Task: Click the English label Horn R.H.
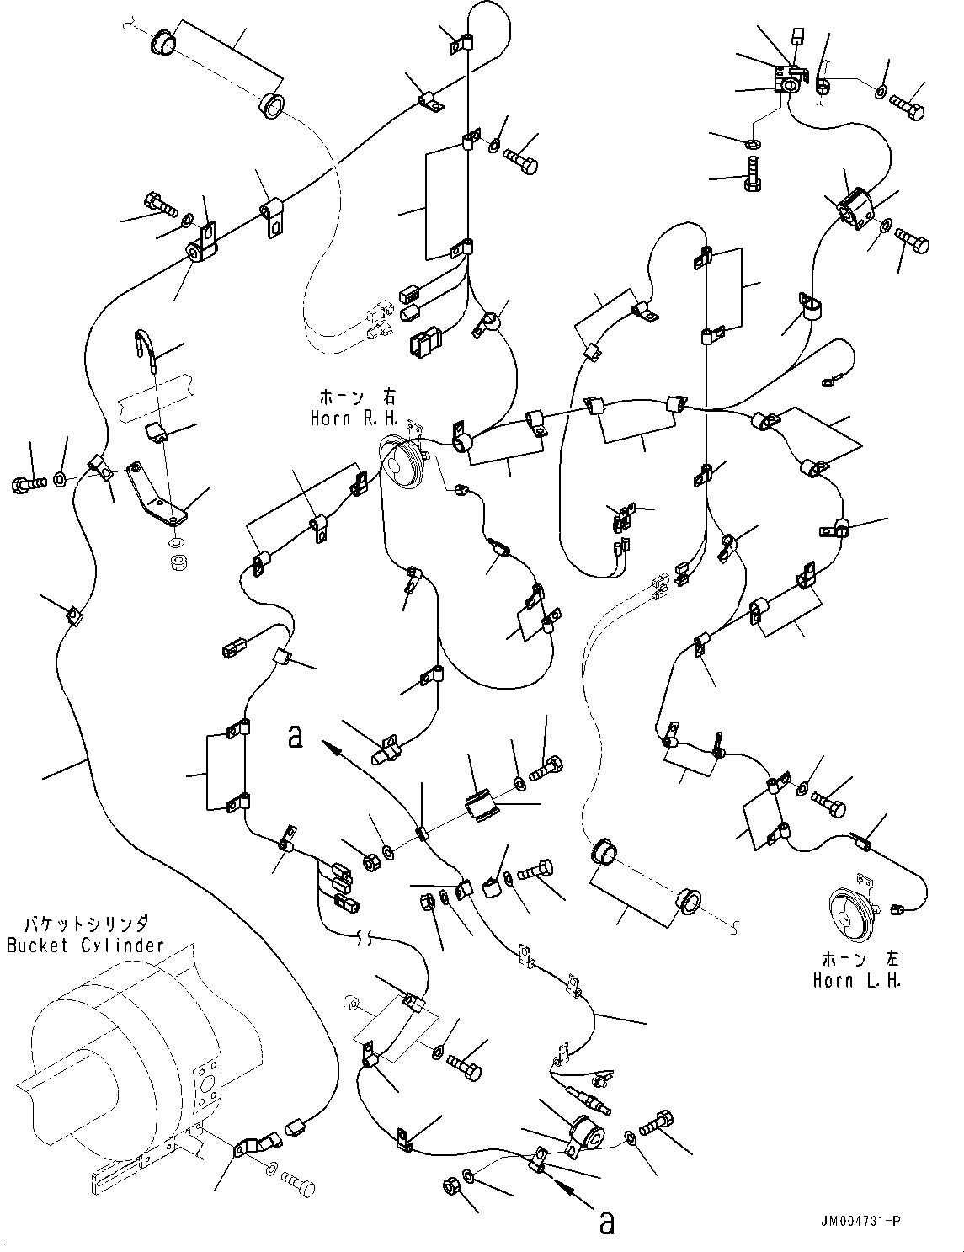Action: (356, 419)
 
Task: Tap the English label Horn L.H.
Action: (856, 981)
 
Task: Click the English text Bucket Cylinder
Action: (85, 946)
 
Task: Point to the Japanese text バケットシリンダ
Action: (88, 924)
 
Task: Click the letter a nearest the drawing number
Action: (604, 1222)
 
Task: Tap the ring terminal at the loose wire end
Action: (829, 383)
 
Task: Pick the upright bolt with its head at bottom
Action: (752, 173)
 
